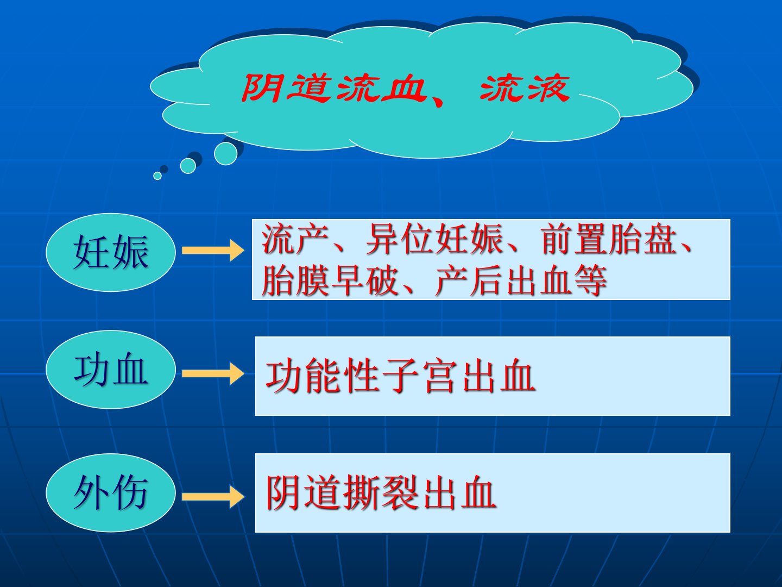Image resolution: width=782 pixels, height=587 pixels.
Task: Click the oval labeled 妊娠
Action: click(110, 252)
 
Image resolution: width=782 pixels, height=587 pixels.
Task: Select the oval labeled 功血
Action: click(110, 370)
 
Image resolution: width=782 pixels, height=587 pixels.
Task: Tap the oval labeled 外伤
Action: click(110, 493)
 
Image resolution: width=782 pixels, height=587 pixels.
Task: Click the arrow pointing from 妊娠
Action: click(213, 250)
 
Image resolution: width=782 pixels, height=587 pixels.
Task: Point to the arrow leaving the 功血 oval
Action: click(213, 373)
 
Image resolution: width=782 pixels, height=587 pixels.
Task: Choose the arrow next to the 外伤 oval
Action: click(213, 497)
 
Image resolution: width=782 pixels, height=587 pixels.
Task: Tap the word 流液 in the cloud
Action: click(525, 89)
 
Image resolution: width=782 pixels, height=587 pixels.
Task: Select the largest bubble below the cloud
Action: click(225, 154)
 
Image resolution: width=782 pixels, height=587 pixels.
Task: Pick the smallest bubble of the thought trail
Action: click(157, 176)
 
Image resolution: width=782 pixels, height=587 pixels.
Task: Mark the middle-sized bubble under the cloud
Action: click(188, 166)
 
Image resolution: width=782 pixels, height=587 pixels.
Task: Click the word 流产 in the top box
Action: click(295, 239)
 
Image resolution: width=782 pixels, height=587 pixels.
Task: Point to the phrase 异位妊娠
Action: click(434, 239)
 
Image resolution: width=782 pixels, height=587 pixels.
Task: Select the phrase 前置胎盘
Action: click(609, 239)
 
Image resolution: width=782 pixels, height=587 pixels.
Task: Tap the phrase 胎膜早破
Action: click(330, 280)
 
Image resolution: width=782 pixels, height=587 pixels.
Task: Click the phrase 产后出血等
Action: click(521, 280)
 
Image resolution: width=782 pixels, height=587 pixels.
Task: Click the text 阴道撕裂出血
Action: click(381, 493)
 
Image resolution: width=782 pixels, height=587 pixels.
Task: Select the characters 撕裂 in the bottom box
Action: click(381, 493)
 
